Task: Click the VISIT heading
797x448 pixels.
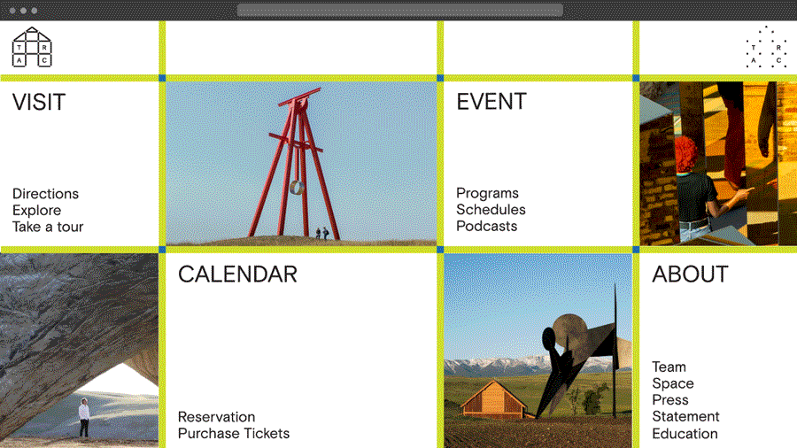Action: click(x=39, y=102)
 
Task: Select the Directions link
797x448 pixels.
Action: click(x=46, y=194)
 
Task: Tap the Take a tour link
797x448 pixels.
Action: click(x=48, y=227)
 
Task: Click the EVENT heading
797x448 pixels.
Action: click(x=491, y=102)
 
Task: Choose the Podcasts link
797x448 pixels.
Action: click(x=486, y=226)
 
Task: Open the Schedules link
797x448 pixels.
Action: click(x=491, y=209)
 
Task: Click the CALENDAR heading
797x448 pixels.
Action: click(x=237, y=274)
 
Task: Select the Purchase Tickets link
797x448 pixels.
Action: click(x=233, y=433)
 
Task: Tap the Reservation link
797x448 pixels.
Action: click(x=217, y=417)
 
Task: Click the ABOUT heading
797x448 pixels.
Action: click(x=690, y=274)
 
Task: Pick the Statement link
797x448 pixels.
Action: click(x=685, y=416)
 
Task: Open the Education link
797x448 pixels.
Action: click(x=685, y=434)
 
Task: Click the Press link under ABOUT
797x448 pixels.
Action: click(x=670, y=399)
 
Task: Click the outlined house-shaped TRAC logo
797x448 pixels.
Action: click(x=32, y=47)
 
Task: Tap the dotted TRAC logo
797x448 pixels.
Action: click(x=766, y=47)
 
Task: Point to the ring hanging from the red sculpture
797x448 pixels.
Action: click(x=298, y=188)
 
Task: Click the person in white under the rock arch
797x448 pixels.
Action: click(x=84, y=417)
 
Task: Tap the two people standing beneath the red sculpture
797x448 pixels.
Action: click(x=321, y=233)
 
